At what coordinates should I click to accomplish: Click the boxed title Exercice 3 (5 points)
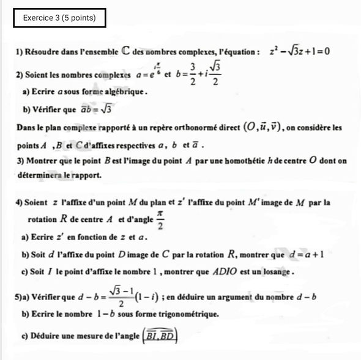coord(59,18)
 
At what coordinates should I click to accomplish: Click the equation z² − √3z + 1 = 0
coord(300,51)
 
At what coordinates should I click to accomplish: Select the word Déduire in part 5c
coord(47,335)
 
